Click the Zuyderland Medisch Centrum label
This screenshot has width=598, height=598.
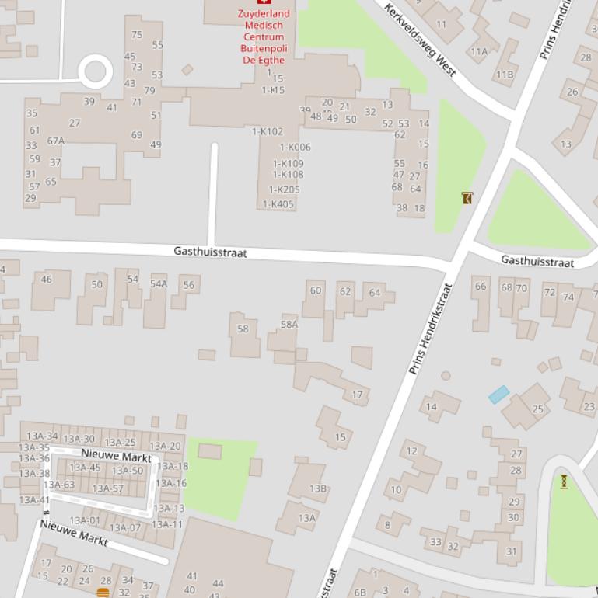click(x=264, y=37)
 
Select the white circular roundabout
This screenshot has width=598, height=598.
click(x=95, y=71)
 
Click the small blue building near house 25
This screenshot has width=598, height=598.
click(x=498, y=395)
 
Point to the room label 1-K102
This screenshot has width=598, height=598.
click(x=268, y=132)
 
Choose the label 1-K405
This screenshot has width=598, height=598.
click(x=278, y=205)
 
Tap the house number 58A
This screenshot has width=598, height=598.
click(x=289, y=325)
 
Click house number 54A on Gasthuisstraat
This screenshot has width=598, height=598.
click(x=159, y=284)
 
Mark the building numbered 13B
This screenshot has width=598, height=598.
click(x=318, y=488)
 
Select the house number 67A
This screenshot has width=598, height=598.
click(x=55, y=141)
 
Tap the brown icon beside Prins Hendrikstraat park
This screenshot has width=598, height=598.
click(x=467, y=199)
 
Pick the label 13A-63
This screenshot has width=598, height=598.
click(x=59, y=485)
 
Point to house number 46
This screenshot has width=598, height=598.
click(x=47, y=280)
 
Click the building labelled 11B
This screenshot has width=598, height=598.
click(x=505, y=75)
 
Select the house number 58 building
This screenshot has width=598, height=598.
click(x=243, y=329)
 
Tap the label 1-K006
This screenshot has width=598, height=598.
click(x=295, y=148)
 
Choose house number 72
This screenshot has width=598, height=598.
click(x=550, y=293)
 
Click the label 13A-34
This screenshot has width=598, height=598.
click(x=42, y=436)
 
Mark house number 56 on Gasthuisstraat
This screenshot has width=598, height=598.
click(x=189, y=285)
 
